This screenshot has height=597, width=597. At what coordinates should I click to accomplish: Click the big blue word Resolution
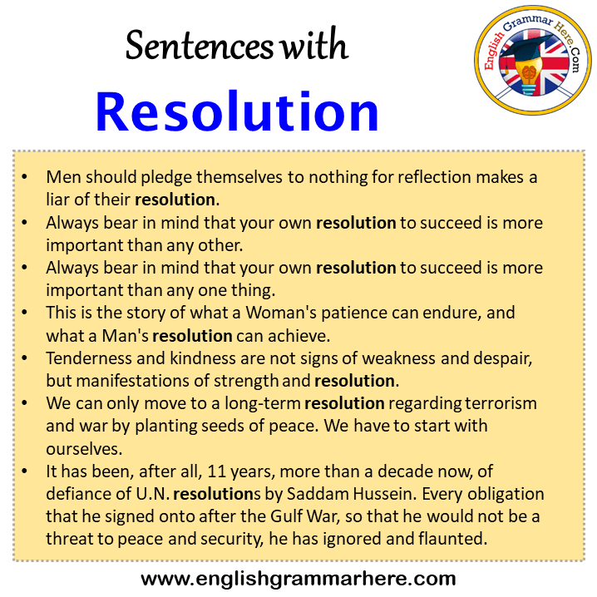(x=237, y=111)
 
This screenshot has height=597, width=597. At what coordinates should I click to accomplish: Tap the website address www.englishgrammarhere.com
(x=298, y=578)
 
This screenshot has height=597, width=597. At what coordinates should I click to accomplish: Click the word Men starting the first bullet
(x=61, y=178)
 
